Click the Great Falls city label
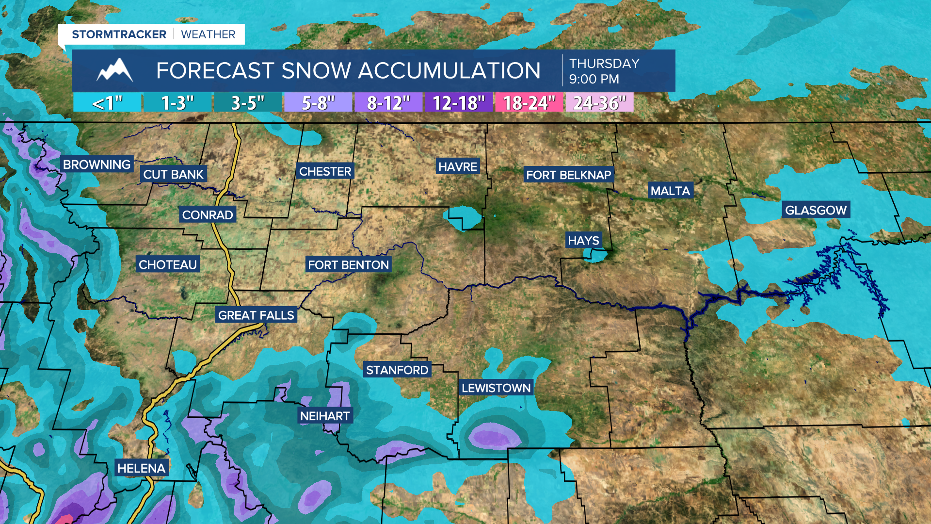(256, 315)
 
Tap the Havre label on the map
(458, 167)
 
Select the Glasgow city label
(816, 210)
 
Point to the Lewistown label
(496, 388)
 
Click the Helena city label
(141, 468)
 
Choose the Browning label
(97, 164)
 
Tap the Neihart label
(324, 416)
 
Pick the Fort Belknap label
(568, 175)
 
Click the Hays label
(583, 241)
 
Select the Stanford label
(397, 370)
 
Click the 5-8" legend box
(318, 103)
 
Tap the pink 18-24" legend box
(529, 103)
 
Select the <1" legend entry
(107, 103)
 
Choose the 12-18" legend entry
(458, 103)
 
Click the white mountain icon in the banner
(115, 71)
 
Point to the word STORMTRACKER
(119, 34)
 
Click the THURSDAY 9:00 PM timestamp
(604, 71)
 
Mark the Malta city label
(670, 191)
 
